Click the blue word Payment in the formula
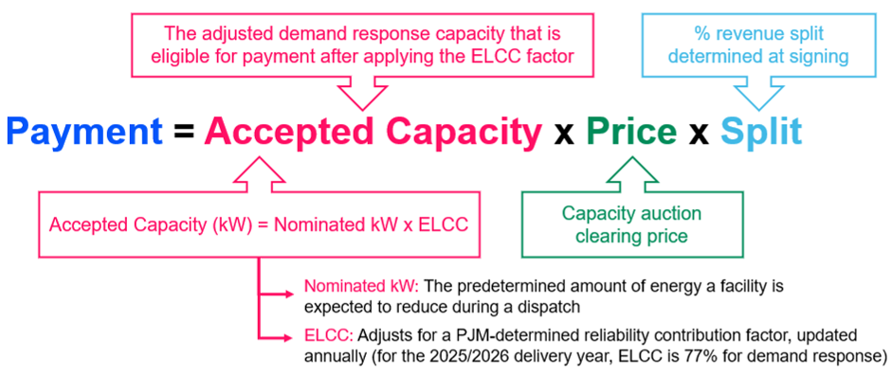pyautogui.click(x=84, y=132)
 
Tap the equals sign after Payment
pyautogui.click(x=182, y=132)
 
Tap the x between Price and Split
pyautogui.click(x=701, y=133)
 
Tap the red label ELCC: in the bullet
pyautogui.click(x=324, y=337)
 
